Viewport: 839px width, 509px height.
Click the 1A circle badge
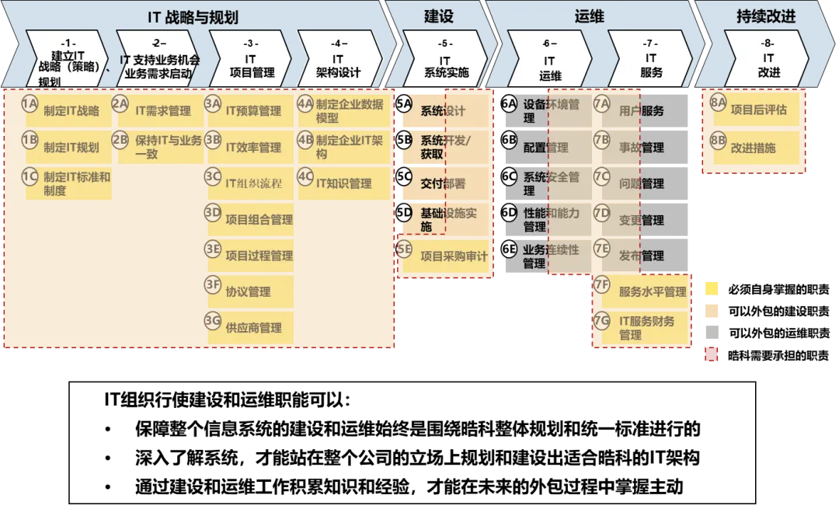point(30,104)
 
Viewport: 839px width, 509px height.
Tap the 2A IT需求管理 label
point(163,111)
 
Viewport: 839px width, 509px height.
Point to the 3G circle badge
point(213,321)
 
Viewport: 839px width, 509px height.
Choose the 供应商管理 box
point(253,328)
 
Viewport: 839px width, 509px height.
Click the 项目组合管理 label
point(259,220)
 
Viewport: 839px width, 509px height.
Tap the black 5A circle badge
point(404,104)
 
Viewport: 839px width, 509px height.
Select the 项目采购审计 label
point(454,256)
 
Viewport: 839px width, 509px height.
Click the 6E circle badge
point(509,249)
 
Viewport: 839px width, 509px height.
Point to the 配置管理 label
point(546,148)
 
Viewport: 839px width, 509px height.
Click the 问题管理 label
point(642,184)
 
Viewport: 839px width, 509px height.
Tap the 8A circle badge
point(718,103)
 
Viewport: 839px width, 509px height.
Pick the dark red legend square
point(712,356)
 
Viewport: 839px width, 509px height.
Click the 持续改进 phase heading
point(765,16)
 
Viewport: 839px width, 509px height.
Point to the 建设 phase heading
point(439,16)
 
